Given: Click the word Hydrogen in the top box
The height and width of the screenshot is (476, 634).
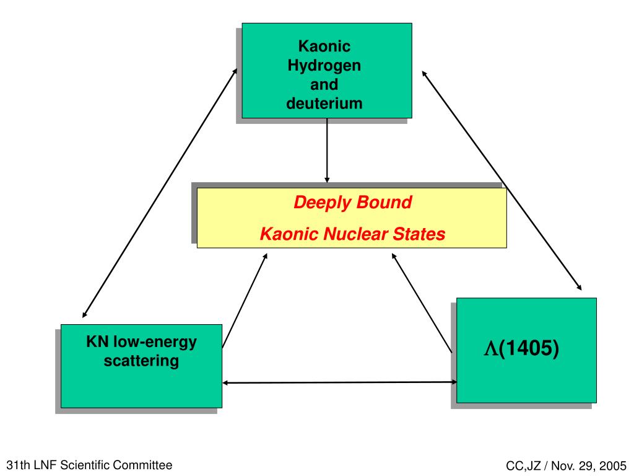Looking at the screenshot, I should point(324,65).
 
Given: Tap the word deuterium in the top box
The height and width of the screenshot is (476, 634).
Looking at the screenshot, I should point(324,103).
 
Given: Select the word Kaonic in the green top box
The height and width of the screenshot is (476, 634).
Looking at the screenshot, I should point(324,46).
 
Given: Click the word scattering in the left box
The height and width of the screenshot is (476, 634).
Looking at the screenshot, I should point(141,360).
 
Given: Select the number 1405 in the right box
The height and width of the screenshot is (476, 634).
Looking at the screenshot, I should point(530,349).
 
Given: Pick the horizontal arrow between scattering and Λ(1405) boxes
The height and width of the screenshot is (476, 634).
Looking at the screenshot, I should point(339,382).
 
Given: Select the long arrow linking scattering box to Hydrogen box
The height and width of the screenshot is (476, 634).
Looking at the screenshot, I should point(160,193).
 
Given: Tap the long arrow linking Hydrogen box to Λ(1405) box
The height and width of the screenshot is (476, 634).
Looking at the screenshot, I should point(501,180).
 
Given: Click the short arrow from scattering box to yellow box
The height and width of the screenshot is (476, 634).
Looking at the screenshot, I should point(245,300).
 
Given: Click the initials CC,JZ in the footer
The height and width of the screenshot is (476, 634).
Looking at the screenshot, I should point(523,466).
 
